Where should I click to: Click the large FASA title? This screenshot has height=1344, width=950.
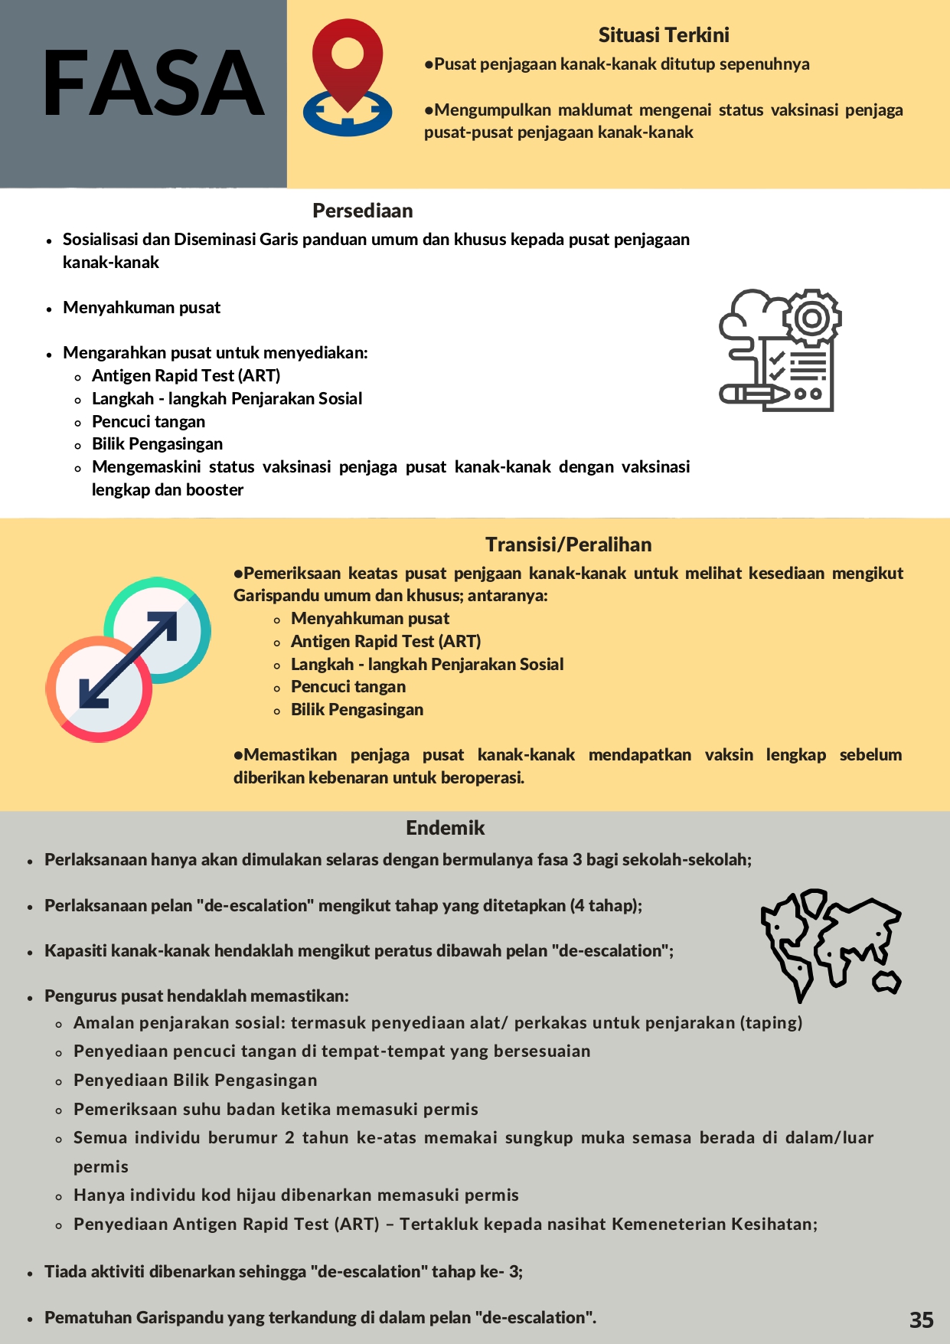pos(153,83)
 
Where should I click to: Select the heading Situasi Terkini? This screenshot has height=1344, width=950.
pos(664,35)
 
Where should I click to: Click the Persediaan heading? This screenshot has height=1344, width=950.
pos(362,211)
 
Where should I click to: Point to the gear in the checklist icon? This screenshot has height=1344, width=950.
pos(812,317)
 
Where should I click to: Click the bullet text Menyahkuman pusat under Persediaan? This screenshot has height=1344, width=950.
pos(142,308)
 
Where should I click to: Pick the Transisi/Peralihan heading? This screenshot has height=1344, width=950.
pos(568,544)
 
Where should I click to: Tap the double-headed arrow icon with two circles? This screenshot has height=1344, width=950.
pos(128,659)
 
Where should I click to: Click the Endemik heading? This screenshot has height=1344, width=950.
pos(445,828)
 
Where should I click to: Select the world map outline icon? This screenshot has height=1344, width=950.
pos(831,943)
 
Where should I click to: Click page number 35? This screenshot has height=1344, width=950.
pos(922,1319)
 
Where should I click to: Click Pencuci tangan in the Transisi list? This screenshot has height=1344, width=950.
pos(348,687)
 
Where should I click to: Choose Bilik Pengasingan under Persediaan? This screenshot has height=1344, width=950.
pos(157,444)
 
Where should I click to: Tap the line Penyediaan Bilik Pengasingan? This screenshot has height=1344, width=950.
pos(195,1081)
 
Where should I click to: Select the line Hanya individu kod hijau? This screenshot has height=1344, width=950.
pos(295,1195)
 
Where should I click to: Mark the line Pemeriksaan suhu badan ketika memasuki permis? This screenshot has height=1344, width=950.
pos(276,1110)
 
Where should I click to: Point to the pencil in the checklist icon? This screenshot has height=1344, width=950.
pos(754,394)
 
